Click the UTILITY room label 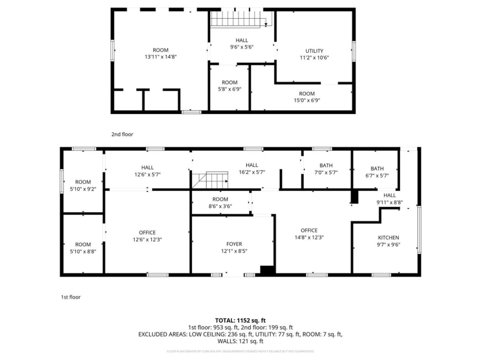point(314,51)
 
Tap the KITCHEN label point(388,238)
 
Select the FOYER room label point(234,244)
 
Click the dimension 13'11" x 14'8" point(160,57)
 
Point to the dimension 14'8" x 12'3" point(309,237)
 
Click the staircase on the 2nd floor point(240,19)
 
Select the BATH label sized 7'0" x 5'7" point(326,165)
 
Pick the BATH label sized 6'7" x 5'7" point(377,169)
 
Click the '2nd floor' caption point(122,134)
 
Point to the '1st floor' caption point(71,297)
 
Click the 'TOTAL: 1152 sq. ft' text point(240,321)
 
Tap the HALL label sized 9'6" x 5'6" point(242,40)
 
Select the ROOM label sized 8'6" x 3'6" point(220,199)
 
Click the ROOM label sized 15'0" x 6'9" point(306,94)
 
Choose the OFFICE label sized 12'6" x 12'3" point(147,232)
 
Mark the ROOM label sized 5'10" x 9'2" point(83,182)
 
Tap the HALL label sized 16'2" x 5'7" point(252,165)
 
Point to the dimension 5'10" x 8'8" point(83,251)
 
